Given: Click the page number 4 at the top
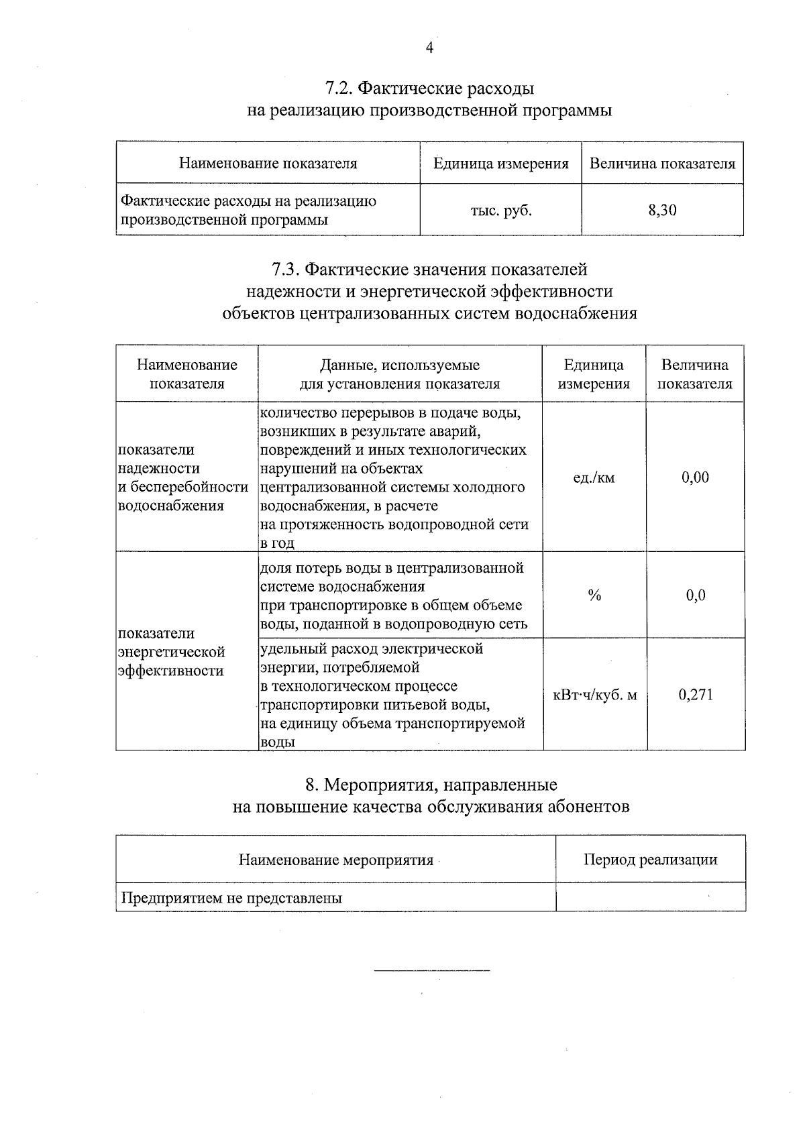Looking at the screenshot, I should click(x=430, y=47).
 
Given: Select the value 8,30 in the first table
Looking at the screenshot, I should click(x=662, y=211).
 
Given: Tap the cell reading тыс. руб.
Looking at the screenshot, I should click(x=500, y=211).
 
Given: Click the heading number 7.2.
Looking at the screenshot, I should click(x=339, y=89).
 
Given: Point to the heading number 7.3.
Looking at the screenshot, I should click(x=286, y=270).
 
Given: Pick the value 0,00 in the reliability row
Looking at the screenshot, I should click(x=695, y=477).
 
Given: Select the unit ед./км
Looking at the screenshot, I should click(x=594, y=477).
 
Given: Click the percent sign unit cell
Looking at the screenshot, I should click(x=594, y=595).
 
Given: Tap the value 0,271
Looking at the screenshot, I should click(x=695, y=695).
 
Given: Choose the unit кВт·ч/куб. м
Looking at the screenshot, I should click(x=594, y=695).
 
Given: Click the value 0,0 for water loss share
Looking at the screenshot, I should click(x=696, y=595).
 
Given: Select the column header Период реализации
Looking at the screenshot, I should click(x=650, y=860).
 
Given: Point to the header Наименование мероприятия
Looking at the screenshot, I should click(x=336, y=860).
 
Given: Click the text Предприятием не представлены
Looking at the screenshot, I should click(x=231, y=898).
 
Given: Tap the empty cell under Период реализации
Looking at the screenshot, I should click(x=650, y=897).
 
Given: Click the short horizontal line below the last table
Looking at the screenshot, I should click(x=431, y=970).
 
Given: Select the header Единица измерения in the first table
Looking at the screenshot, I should click(x=500, y=164).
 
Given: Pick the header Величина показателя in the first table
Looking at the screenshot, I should click(x=662, y=164).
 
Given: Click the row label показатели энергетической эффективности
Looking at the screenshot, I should click(x=172, y=652).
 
